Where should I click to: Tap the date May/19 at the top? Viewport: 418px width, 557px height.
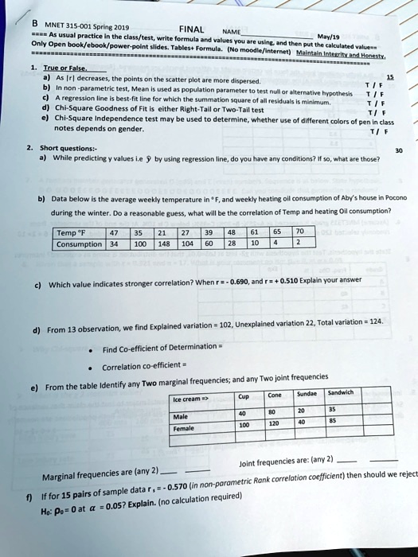pyautogui.click(x=328, y=34)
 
